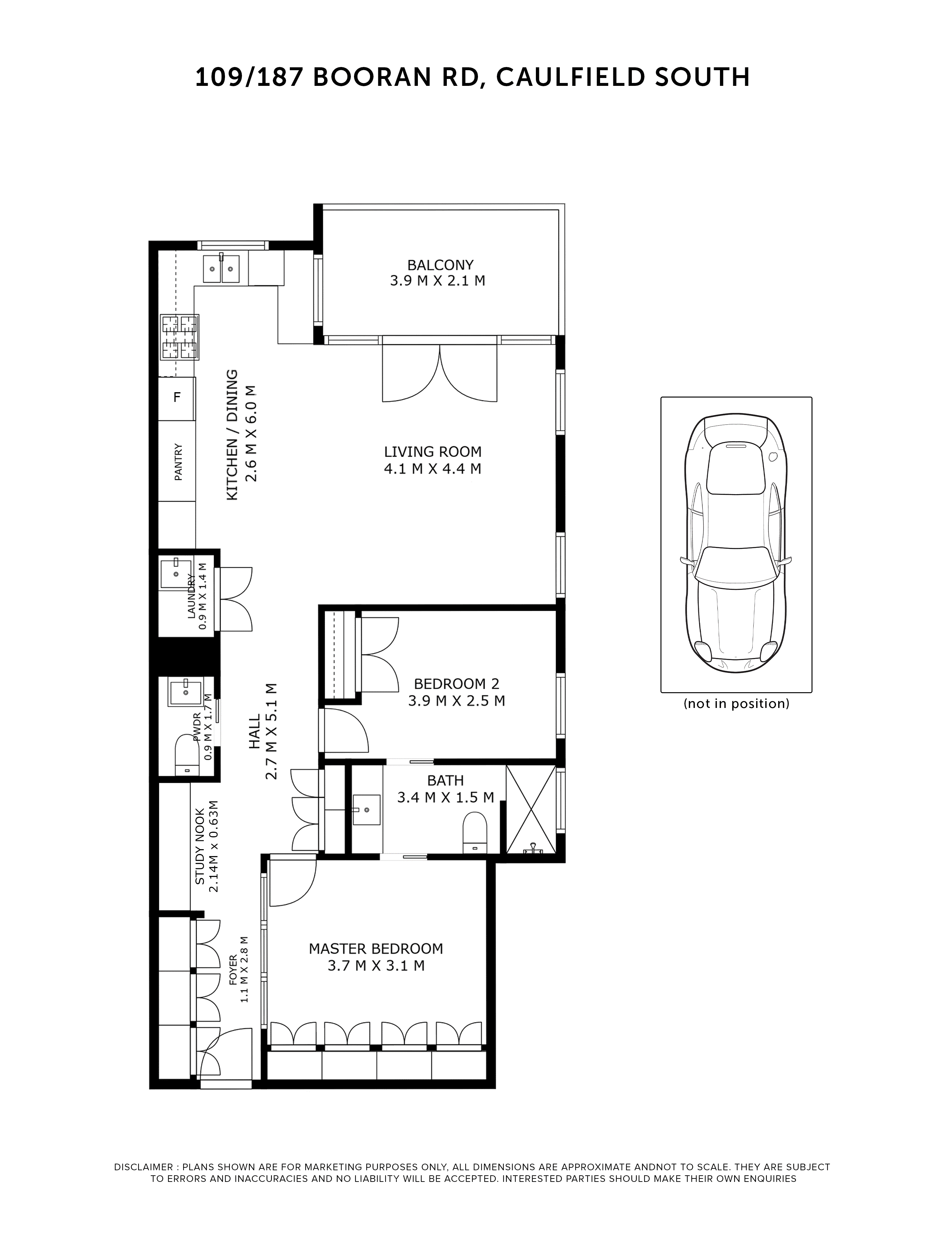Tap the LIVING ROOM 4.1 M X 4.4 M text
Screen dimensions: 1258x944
click(x=432, y=460)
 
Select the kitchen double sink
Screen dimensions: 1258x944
click(x=221, y=269)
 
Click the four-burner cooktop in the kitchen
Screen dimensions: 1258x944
click(x=180, y=337)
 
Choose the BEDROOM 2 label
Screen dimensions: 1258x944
click(x=456, y=692)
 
